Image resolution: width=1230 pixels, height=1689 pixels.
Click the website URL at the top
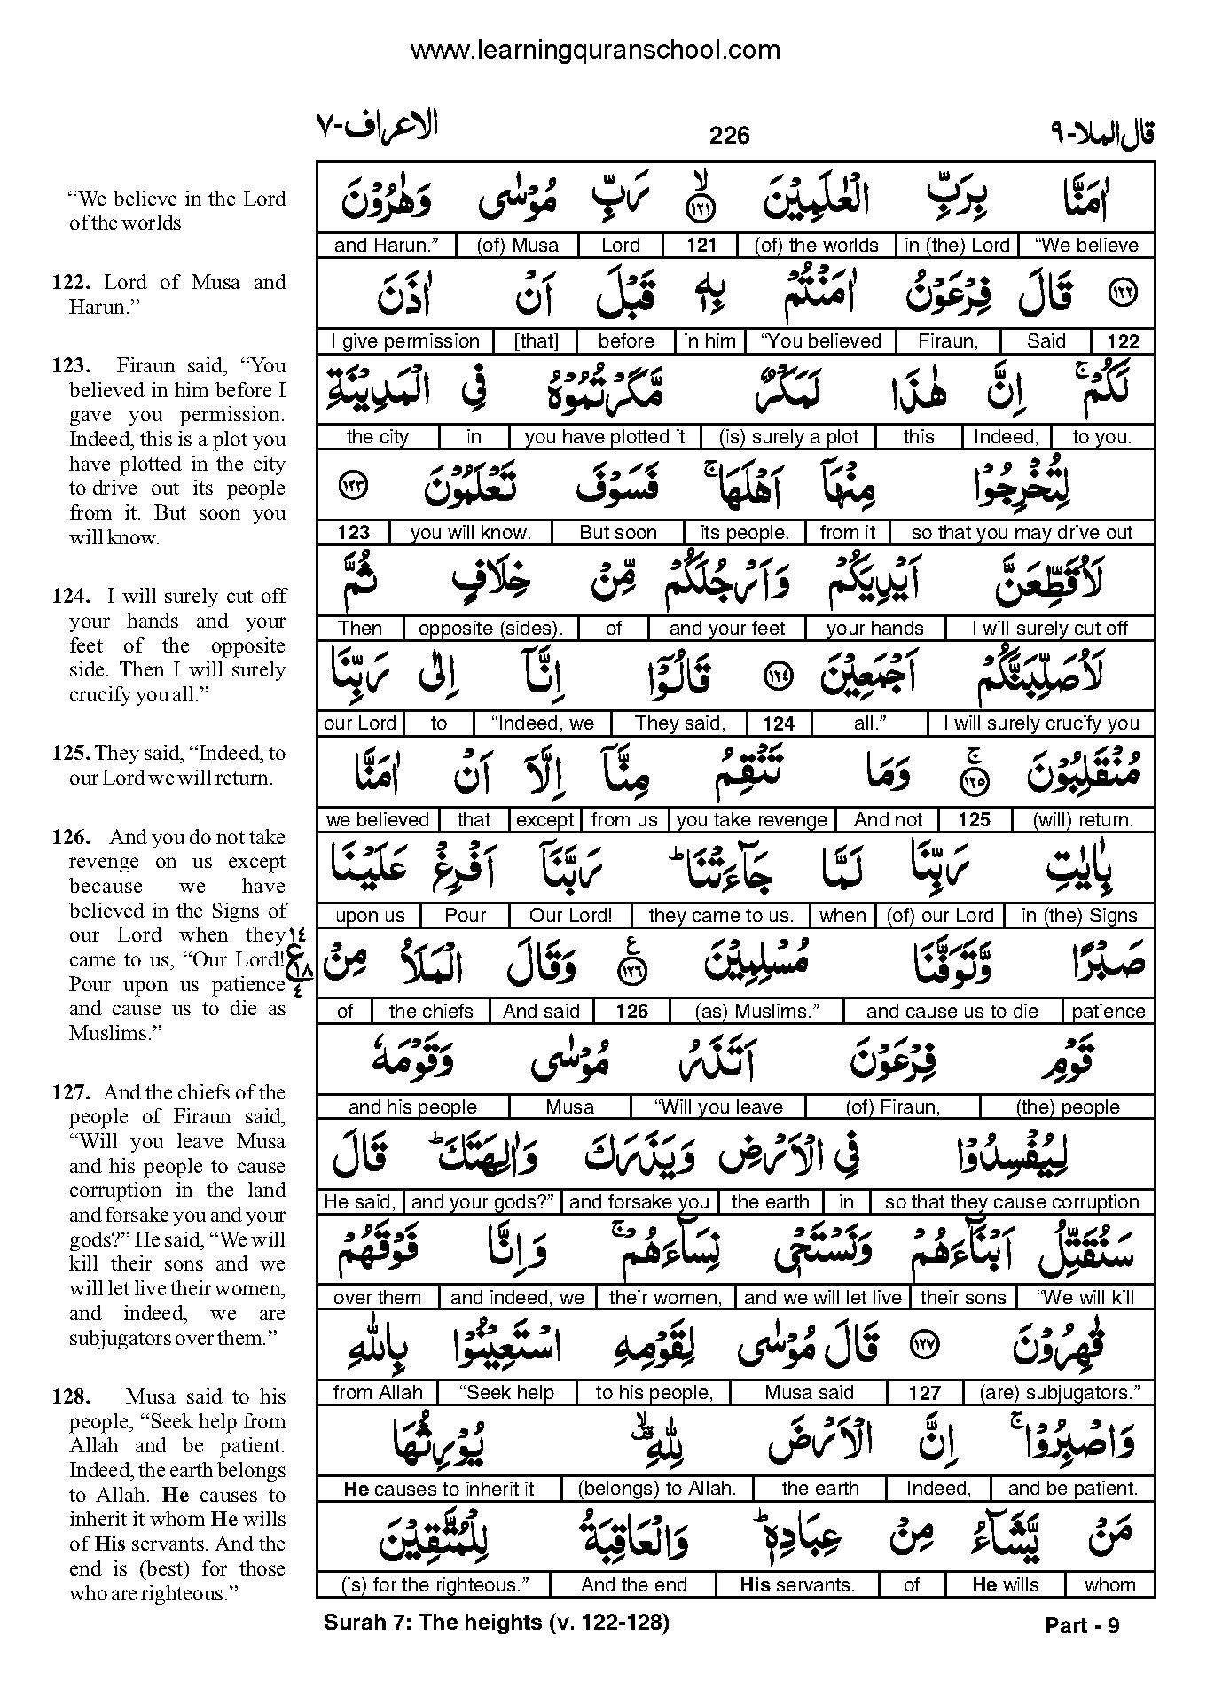(595, 51)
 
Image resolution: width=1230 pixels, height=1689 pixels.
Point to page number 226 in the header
(729, 135)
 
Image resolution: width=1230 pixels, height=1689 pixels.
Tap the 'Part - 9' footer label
(1082, 1625)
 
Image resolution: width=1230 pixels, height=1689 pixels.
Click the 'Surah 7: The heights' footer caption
(496, 1623)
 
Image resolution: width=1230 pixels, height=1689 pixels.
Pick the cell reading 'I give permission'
(404, 341)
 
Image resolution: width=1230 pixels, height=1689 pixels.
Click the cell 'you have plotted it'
(605, 437)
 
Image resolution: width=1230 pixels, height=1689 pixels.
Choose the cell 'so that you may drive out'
(1022, 533)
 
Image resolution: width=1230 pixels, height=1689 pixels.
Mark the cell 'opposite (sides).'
(490, 629)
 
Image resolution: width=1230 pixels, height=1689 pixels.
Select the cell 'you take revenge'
(751, 820)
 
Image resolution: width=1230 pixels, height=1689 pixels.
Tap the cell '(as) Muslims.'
(756, 1012)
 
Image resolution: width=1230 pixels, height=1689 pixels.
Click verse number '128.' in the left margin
(71, 1397)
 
